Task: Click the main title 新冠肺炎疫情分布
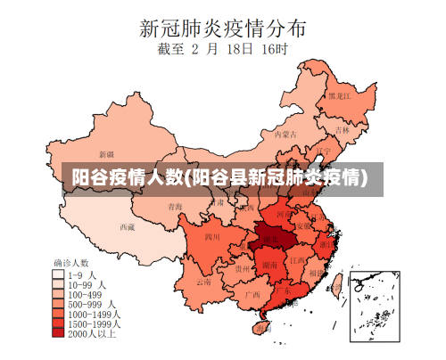pyautogui.click(x=222, y=27)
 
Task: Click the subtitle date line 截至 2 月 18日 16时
pyautogui.click(x=222, y=52)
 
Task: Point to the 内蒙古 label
pyautogui.click(x=284, y=135)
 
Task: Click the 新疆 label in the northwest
pyautogui.click(x=106, y=154)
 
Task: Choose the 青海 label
pyautogui.click(x=176, y=207)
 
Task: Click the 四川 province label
pyautogui.click(x=211, y=237)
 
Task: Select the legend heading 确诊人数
pyautogui.click(x=71, y=263)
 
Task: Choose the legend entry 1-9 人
pyautogui.click(x=79, y=274)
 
